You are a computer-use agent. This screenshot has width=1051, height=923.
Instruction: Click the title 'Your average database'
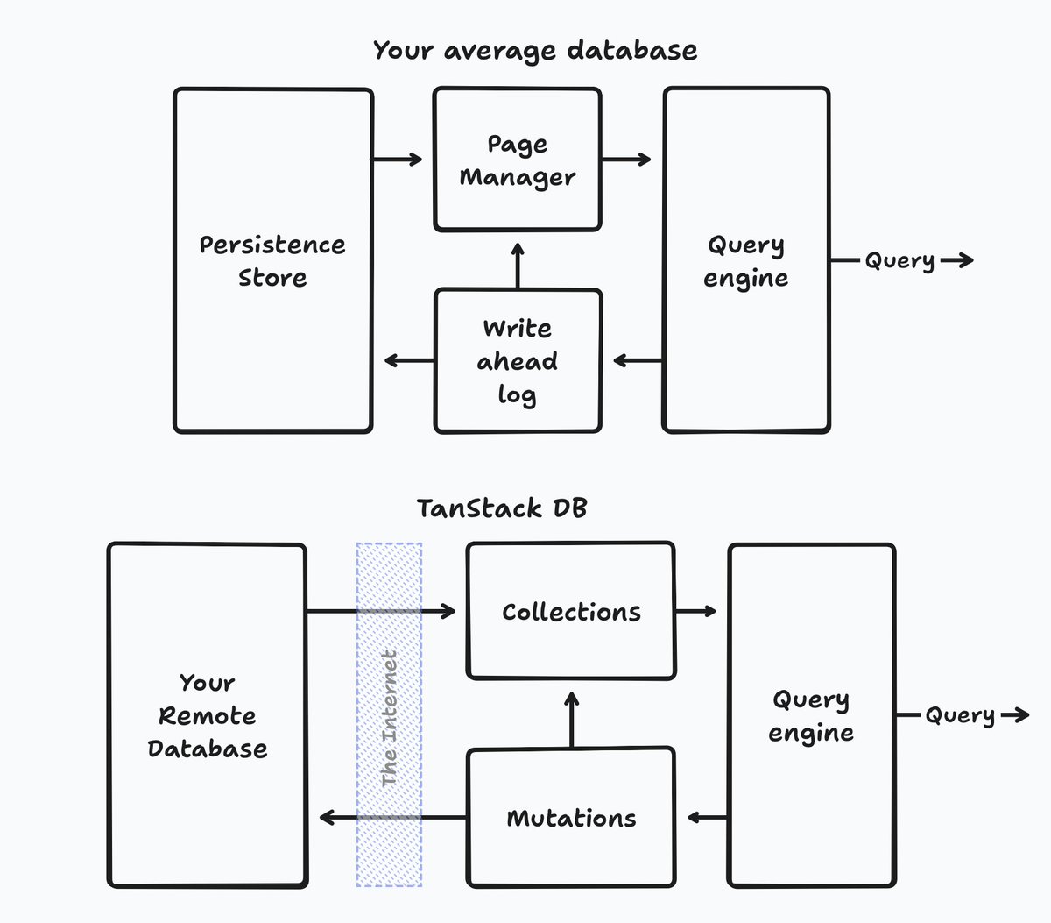[x=535, y=51]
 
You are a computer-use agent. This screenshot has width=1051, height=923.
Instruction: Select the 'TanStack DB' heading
[x=501, y=508]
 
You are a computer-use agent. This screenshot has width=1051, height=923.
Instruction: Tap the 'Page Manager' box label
[x=518, y=160]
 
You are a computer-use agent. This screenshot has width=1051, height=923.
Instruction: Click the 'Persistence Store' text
[x=272, y=261]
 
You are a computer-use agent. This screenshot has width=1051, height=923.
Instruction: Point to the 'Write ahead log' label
[x=518, y=361]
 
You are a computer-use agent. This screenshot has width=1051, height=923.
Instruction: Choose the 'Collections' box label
[x=571, y=612]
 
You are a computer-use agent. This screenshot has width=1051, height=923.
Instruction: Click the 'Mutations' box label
[x=571, y=819]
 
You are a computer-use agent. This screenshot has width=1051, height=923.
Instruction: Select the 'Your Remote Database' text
[x=208, y=716]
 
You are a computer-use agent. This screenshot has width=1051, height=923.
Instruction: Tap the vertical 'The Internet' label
[x=390, y=718]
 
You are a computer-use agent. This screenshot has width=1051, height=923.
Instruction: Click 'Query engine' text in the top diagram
[x=746, y=261]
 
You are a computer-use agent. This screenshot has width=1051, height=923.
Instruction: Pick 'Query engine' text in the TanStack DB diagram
[x=811, y=716]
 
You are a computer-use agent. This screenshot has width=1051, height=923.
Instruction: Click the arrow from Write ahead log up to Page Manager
[x=518, y=266]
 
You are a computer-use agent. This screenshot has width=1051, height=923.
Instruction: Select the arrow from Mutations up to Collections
[x=571, y=720]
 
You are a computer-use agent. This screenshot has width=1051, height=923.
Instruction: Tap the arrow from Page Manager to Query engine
[x=626, y=160]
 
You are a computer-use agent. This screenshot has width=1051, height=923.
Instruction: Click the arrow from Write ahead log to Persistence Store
[x=409, y=360]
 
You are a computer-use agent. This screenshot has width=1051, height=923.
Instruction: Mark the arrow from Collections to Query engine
[x=696, y=611]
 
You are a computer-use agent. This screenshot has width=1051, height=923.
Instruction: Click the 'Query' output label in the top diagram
[x=899, y=261]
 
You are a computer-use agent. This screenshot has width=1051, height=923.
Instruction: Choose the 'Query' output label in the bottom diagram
[x=960, y=716]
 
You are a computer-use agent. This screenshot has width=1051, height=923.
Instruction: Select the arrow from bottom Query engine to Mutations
[x=708, y=818]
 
